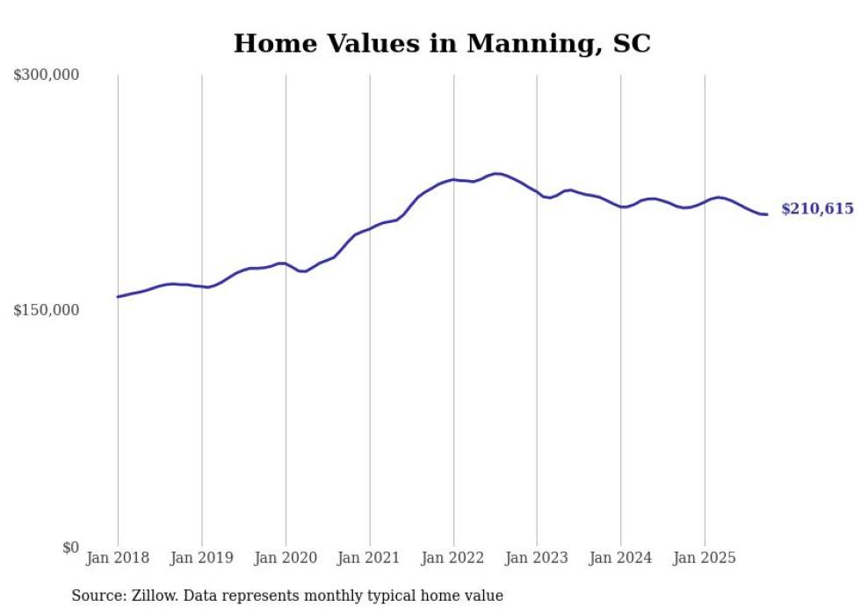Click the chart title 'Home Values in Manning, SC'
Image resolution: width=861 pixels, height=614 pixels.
(x=442, y=43)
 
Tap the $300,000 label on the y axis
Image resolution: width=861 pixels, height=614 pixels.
(x=47, y=76)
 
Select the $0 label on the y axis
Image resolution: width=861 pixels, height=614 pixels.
(x=70, y=547)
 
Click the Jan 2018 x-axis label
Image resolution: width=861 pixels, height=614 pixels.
(x=118, y=558)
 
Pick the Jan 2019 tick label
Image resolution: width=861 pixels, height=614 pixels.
(x=201, y=558)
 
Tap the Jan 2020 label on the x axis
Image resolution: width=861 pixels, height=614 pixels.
(x=286, y=558)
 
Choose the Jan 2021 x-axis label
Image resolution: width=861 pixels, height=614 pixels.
(x=369, y=558)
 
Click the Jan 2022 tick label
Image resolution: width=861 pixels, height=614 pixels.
(x=453, y=558)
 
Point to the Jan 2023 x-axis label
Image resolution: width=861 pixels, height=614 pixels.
(x=537, y=558)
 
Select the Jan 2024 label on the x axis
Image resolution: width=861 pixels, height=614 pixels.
(x=620, y=558)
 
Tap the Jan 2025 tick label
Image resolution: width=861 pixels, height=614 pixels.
(x=705, y=558)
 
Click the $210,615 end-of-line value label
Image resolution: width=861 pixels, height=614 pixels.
(x=817, y=209)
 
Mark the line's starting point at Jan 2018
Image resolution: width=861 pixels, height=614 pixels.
(x=118, y=297)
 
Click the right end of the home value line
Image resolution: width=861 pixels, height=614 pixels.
(x=767, y=214)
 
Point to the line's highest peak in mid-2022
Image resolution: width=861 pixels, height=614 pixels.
(x=496, y=173)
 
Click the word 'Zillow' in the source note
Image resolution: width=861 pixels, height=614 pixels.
(x=153, y=596)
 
